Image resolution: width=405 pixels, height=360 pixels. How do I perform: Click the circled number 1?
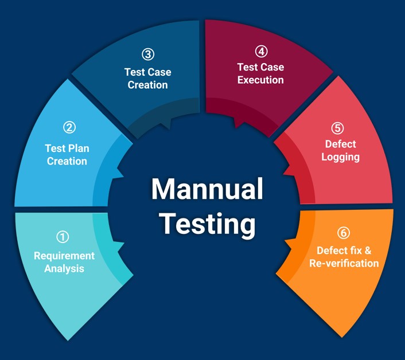tap(63, 237)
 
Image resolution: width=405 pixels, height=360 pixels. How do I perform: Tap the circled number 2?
tap(69, 127)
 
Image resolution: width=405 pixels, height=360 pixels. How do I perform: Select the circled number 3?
tap(148, 54)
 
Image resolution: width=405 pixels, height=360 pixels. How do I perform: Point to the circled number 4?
tap(262, 52)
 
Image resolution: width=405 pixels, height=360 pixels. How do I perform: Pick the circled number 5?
tap(337, 128)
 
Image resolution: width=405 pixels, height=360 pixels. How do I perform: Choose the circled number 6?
tap(344, 233)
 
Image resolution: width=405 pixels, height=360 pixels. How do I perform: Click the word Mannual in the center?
tap(207, 189)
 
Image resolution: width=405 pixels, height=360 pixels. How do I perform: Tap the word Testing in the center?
tap(208, 224)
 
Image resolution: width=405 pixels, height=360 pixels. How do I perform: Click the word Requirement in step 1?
tap(64, 256)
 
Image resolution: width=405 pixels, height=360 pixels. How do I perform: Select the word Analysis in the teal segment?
tap(64, 269)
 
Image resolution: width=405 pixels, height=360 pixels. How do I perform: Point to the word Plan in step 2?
tap(77, 148)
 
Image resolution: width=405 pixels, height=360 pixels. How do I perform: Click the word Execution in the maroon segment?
tap(260, 80)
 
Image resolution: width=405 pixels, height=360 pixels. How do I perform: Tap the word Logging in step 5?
tap(340, 158)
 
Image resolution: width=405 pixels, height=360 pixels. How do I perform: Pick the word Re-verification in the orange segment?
tap(344, 264)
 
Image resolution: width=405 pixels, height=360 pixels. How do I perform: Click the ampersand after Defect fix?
tap(368, 251)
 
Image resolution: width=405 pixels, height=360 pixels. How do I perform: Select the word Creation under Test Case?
tap(148, 85)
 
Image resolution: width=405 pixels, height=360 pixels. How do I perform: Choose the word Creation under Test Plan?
tap(67, 161)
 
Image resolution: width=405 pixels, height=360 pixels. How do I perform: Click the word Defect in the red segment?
tap(340, 144)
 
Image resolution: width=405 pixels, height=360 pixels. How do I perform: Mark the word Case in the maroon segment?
tap(272, 67)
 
